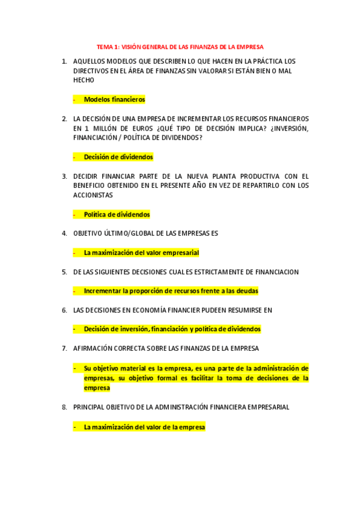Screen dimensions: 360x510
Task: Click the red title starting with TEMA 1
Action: [x=180, y=46]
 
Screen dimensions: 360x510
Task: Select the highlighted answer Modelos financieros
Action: [x=114, y=99]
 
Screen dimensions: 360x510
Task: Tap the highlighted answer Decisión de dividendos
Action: [x=118, y=157]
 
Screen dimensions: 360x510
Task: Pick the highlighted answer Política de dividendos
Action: [x=117, y=214]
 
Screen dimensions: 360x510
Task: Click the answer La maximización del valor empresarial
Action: [x=141, y=253]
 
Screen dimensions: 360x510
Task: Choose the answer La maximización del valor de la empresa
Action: [x=144, y=427]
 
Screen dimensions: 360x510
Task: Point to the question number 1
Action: [x=64, y=61]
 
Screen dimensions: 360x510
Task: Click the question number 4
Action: [x=64, y=233]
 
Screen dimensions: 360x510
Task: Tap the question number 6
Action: [x=64, y=310]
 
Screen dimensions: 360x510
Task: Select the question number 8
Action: [x=64, y=407]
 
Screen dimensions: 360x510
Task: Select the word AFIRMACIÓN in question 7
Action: [x=94, y=348]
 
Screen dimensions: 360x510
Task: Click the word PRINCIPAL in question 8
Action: [x=91, y=407]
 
